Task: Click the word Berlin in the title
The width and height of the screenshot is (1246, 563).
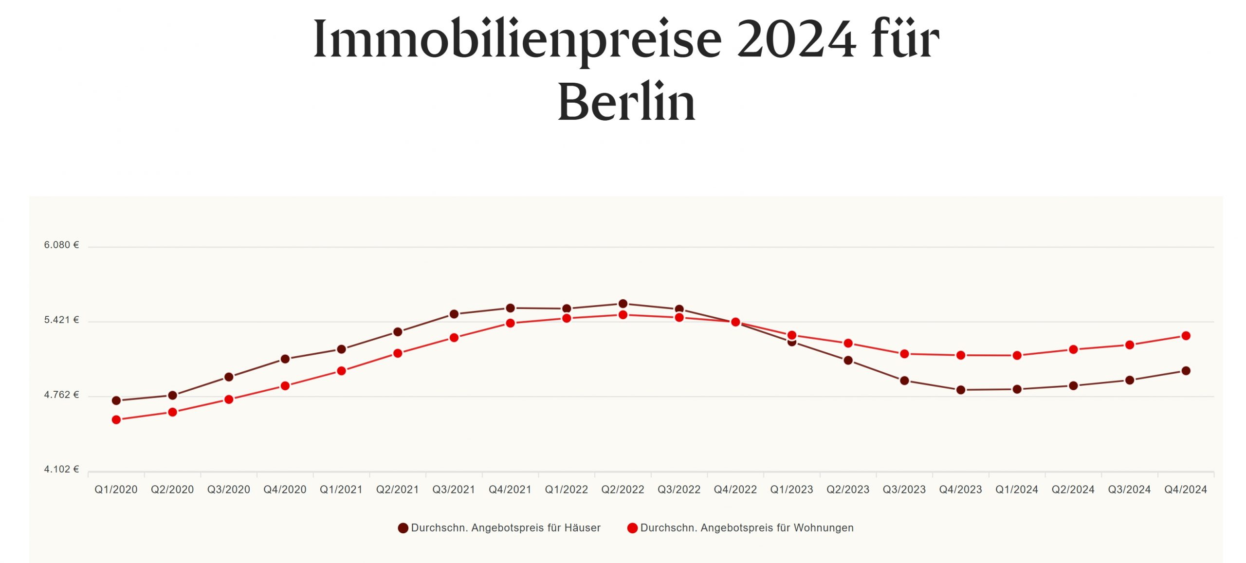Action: click(x=626, y=102)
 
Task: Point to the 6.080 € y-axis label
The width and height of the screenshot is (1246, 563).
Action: click(x=61, y=245)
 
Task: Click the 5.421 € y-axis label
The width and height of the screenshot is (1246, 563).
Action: click(x=61, y=320)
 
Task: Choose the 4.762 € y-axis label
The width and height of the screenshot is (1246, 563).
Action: click(x=61, y=395)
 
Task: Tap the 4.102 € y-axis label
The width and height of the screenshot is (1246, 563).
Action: click(x=61, y=469)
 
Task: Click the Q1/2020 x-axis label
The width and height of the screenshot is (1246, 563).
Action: click(x=116, y=490)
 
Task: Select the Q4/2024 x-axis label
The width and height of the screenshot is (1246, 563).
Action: click(x=1186, y=490)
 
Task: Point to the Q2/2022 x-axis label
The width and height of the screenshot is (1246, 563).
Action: click(x=623, y=490)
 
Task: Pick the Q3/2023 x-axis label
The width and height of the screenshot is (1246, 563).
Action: click(x=904, y=490)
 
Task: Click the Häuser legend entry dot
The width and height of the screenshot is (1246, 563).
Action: click(x=403, y=528)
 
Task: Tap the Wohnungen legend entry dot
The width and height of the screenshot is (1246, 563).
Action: click(x=632, y=528)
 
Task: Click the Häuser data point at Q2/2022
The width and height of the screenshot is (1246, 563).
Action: click(x=623, y=304)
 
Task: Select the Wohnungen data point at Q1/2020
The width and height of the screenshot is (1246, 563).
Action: click(x=116, y=419)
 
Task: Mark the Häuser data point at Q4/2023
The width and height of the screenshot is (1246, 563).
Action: click(x=961, y=390)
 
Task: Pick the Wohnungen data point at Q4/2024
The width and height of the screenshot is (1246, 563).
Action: click(x=1186, y=336)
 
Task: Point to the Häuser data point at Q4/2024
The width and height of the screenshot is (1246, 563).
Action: click(x=1186, y=371)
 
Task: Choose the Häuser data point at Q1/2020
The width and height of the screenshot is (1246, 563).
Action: click(x=116, y=400)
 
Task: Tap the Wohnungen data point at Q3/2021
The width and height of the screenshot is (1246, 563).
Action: click(x=454, y=338)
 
